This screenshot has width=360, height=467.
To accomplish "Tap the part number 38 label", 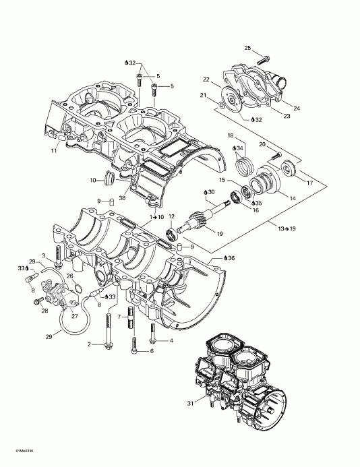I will point(122,199).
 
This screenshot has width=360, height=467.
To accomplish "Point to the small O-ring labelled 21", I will point(222,106).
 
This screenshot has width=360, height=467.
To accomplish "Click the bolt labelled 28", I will point(36,302).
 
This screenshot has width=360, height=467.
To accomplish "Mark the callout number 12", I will point(171,216).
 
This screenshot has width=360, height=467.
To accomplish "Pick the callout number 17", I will point(310,182).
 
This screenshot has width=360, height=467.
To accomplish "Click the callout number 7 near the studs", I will point(119,316).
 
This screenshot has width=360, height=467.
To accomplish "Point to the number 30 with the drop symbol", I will point(210,192).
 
